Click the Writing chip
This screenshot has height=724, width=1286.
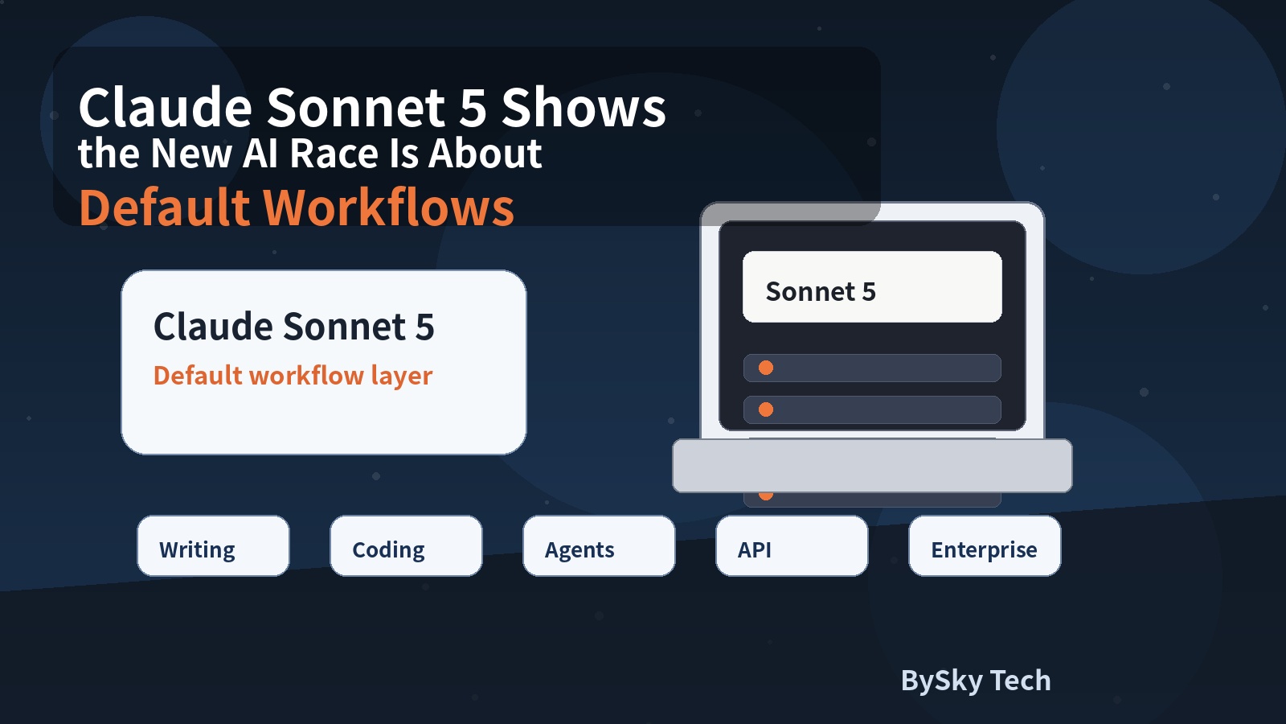point(213,546)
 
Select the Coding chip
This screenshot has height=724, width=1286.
point(406,546)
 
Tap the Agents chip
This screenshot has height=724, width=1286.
point(599,546)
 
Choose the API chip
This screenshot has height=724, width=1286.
point(792,546)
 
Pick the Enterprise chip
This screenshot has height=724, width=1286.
point(985,546)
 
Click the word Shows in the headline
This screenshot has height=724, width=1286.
point(584,108)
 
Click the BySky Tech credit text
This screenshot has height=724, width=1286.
point(976,681)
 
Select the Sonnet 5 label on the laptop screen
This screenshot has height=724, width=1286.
point(821,291)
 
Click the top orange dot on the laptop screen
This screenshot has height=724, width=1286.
point(766,368)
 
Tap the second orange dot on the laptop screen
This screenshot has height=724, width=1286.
point(766,409)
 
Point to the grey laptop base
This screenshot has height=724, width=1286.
point(872,466)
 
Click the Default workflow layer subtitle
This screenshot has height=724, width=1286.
point(293,376)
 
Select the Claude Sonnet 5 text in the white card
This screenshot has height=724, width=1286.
point(294,327)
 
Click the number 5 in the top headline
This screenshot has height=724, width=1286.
point(473,108)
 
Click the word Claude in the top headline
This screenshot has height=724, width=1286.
point(166,108)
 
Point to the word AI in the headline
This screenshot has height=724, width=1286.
point(260,154)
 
